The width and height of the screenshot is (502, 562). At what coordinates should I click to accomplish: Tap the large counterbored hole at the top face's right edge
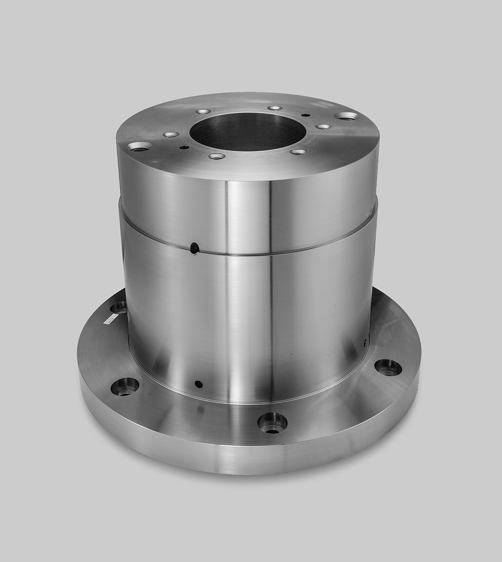pyautogui.click(x=347, y=116)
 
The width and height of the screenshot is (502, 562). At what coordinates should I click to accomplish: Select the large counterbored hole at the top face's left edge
pyautogui.click(x=140, y=147)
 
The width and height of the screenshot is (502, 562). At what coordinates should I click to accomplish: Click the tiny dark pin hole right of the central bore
pyautogui.click(x=306, y=115)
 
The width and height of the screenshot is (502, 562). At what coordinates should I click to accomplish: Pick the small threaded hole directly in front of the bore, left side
pyautogui.click(x=217, y=156)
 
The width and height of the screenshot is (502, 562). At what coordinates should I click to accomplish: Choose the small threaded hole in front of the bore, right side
pyautogui.click(x=298, y=152)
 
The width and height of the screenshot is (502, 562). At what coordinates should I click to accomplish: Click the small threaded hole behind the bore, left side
pyautogui.click(x=204, y=112)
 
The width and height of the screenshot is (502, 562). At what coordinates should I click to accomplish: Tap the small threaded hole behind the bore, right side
pyautogui.click(x=275, y=108)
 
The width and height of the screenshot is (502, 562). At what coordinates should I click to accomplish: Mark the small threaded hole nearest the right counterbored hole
pyautogui.click(x=323, y=126)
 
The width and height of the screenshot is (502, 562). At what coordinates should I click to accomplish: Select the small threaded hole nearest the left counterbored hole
pyautogui.click(x=171, y=135)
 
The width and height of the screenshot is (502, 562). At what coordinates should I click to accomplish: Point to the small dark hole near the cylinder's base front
pyautogui.click(x=198, y=384)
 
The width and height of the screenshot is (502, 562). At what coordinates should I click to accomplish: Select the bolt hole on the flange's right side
pyautogui.click(x=388, y=367)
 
